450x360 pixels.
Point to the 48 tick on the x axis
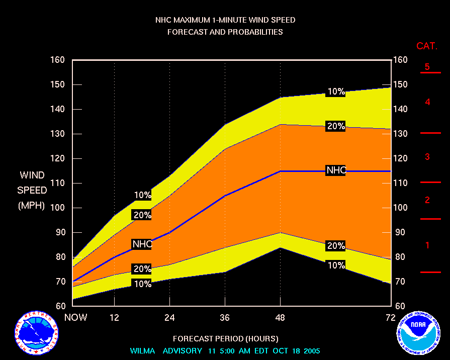(280, 317)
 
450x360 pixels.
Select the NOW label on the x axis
(76, 317)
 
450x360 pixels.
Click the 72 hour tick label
(391, 317)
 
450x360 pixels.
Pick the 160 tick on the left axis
(58, 60)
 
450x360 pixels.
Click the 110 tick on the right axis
(401, 184)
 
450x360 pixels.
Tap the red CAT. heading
(427, 46)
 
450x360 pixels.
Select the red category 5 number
(427, 67)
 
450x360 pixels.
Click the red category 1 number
(427, 246)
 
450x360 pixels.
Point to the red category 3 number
(427, 157)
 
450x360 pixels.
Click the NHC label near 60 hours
(336, 170)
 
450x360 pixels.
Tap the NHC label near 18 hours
(142, 244)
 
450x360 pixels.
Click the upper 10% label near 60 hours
(336, 92)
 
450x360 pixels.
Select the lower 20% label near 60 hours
(336, 246)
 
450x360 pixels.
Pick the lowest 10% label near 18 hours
(142, 284)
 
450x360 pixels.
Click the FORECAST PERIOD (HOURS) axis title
(225, 338)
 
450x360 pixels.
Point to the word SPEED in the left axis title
(32, 191)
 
